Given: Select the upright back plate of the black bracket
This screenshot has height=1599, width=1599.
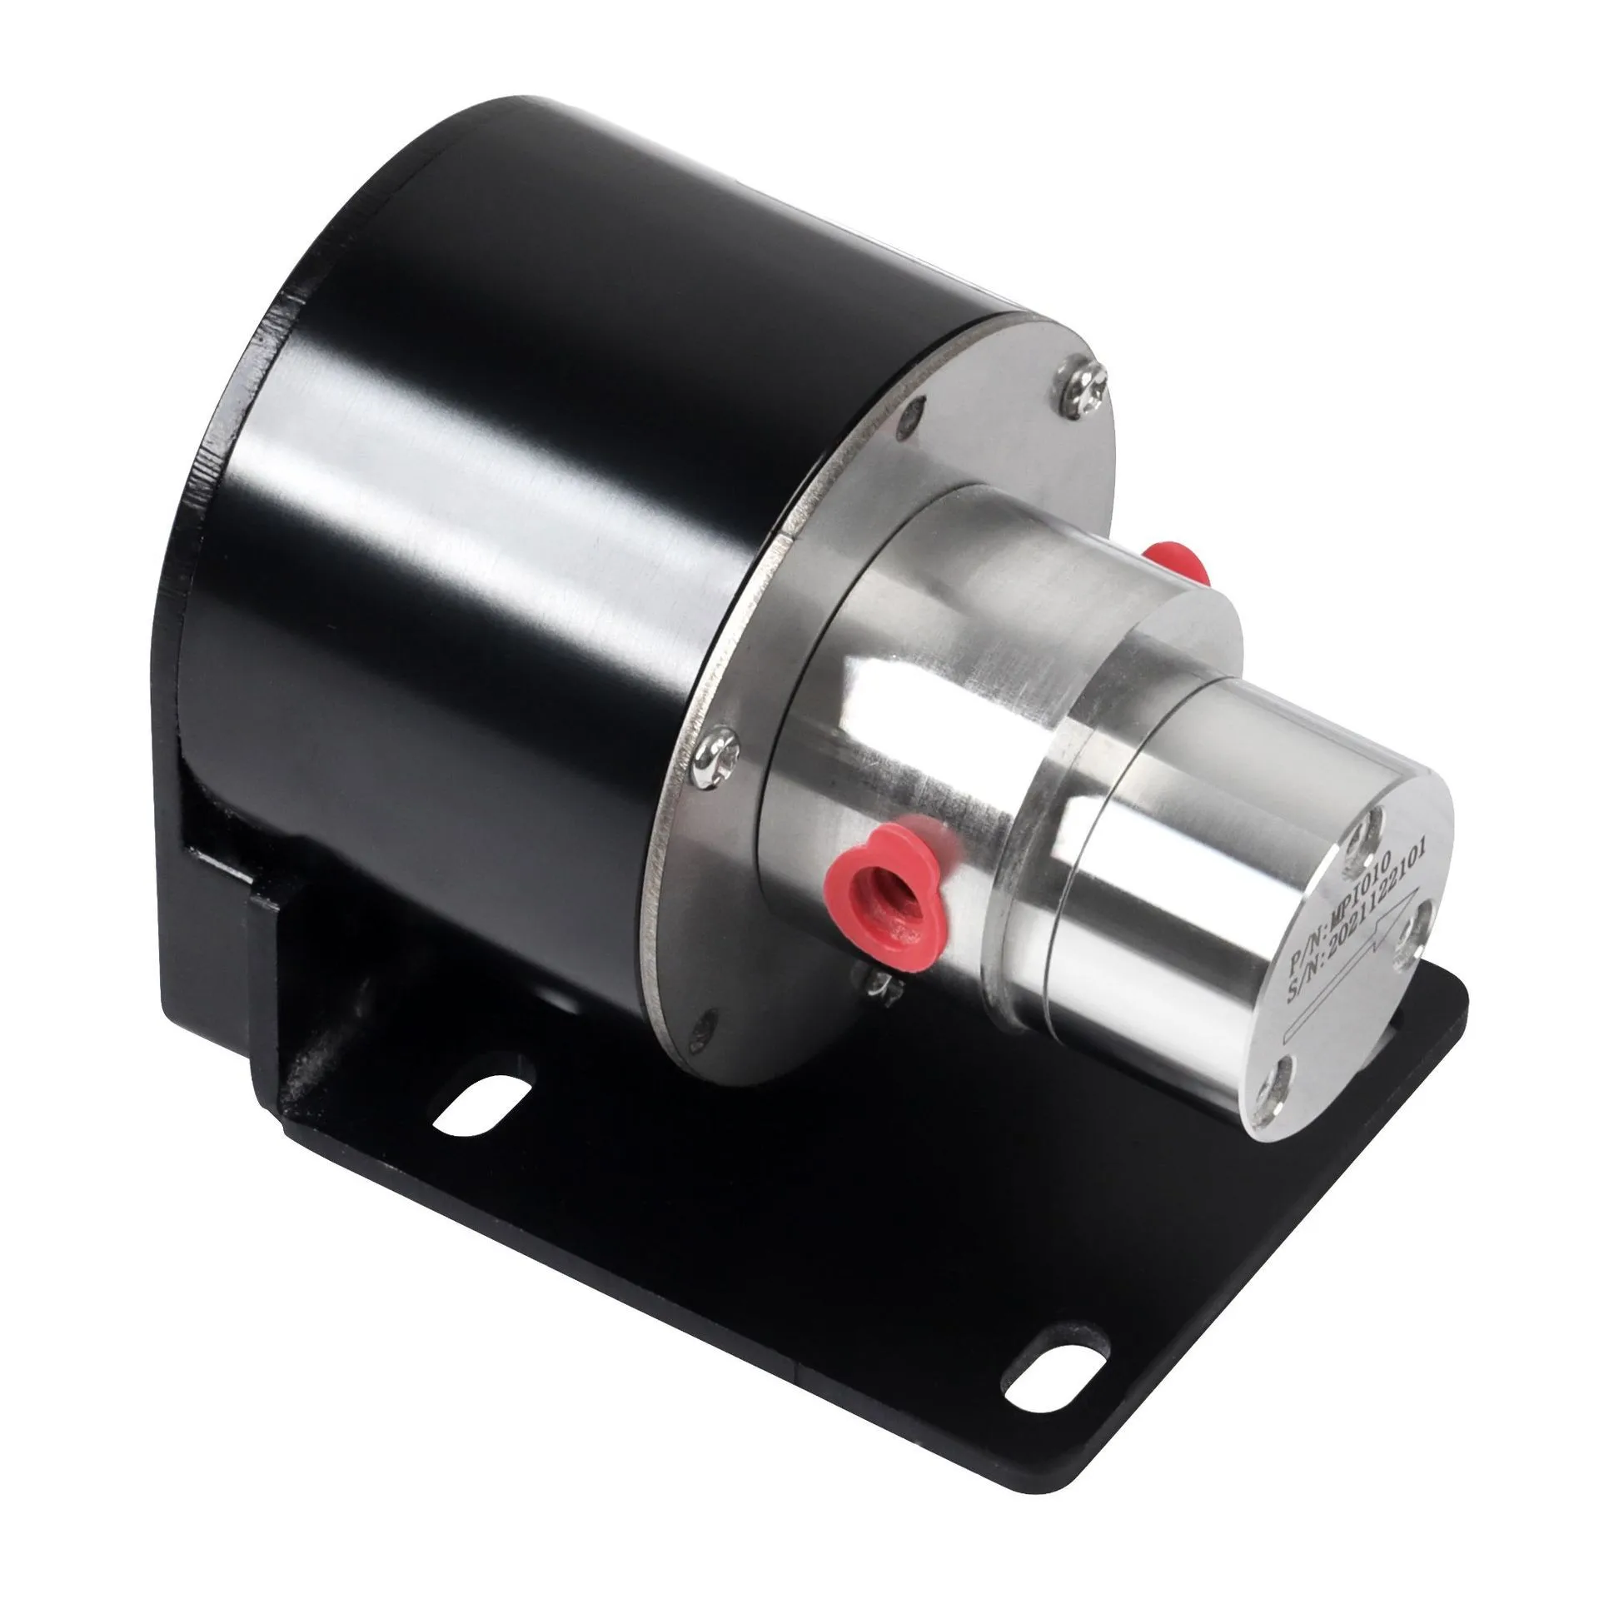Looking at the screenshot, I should (x=208, y=833).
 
